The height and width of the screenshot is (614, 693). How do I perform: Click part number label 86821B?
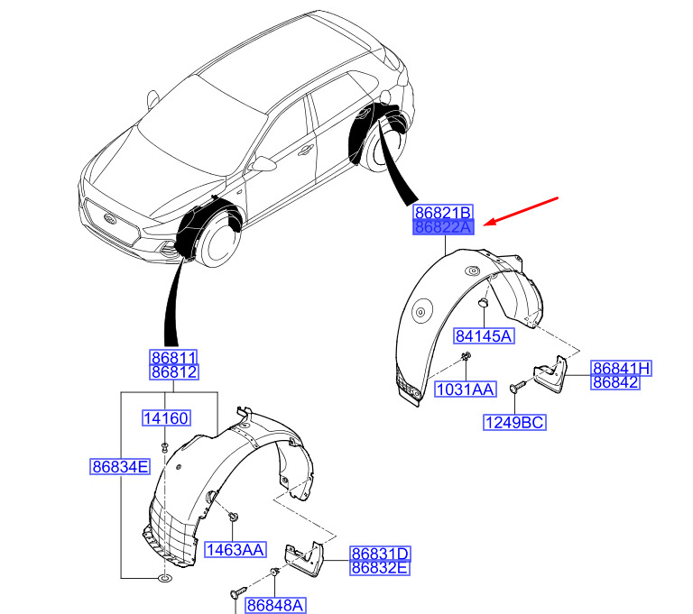point(443,212)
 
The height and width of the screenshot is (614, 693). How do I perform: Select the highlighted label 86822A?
point(443,227)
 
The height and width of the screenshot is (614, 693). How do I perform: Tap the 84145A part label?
point(483,336)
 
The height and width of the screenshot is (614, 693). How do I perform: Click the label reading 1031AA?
point(466,389)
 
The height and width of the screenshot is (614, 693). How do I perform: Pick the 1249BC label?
point(515,421)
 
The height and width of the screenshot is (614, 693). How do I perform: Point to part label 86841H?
point(622,368)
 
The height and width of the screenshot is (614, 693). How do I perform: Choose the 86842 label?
point(615,382)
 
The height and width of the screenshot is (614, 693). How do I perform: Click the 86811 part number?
point(174,358)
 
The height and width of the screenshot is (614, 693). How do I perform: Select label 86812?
point(174,372)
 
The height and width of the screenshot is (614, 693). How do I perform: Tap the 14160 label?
point(166,417)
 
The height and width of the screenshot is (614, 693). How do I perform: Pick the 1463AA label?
point(235,548)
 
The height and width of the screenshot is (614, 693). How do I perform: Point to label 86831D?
point(381,554)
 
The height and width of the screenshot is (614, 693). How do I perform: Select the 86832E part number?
point(381,568)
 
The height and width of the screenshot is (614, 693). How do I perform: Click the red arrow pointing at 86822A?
point(522,210)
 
